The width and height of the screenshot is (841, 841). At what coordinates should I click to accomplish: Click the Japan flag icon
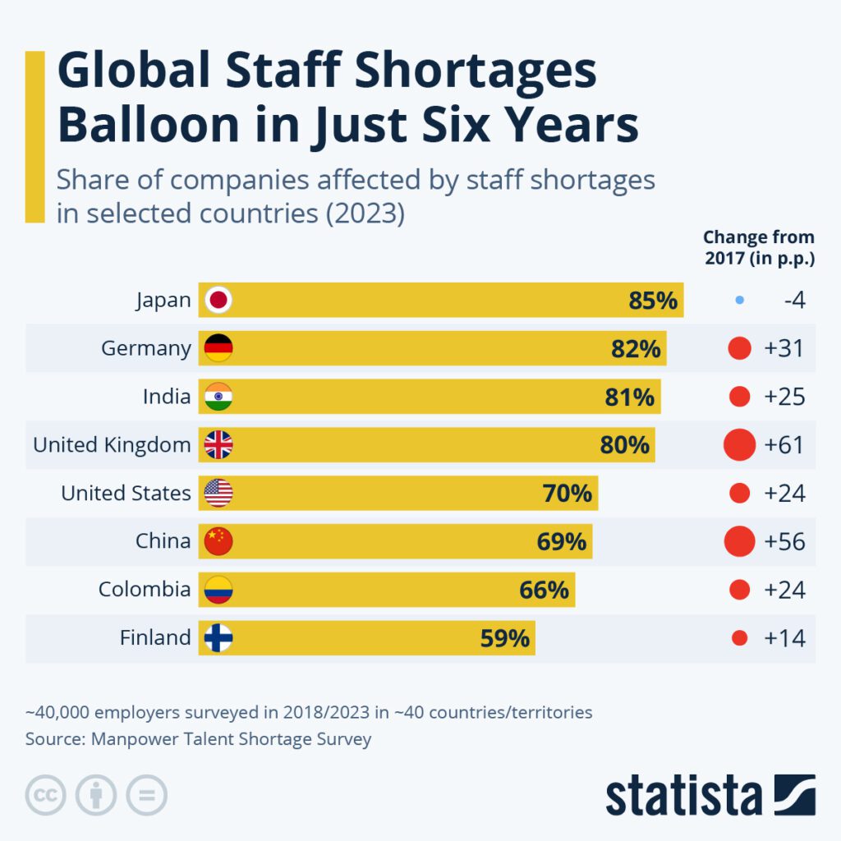(x=218, y=301)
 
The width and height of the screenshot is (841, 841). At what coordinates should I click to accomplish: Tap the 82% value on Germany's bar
(x=636, y=349)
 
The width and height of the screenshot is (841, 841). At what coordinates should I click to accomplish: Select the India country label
(x=167, y=398)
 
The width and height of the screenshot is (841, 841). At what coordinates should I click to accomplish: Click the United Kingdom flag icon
(x=218, y=445)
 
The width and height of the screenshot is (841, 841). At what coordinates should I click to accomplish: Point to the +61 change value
(x=784, y=445)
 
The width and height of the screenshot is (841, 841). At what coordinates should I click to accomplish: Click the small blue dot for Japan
(x=739, y=301)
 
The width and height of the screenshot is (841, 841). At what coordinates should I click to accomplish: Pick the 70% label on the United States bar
(x=567, y=494)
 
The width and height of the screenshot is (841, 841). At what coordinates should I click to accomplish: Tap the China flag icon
(x=218, y=541)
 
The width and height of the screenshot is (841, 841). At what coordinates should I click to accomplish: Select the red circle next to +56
(x=739, y=541)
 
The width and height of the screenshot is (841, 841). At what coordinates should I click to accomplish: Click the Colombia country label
(x=145, y=590)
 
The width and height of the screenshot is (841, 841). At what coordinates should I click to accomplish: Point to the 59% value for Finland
(x=505, y=638)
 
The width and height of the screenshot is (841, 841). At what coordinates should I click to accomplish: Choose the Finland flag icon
(x=218, y=638)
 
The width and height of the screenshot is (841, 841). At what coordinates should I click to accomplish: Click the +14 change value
(x=784, y=638)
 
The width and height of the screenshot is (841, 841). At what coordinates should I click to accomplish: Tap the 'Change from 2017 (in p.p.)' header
(x=758, y=248)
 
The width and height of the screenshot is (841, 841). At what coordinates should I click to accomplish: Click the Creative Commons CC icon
(x=45, y=795)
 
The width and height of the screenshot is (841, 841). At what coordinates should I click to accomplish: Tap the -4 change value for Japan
(x=793, y=301)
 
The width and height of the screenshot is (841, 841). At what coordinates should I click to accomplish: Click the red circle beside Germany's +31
(x=739, y=349)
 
